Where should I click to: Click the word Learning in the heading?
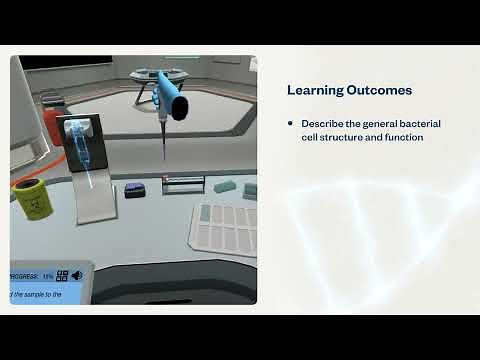pyautogui.click(x=313, y=91)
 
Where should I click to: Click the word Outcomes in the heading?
pyautogui.click(x=377, y=91)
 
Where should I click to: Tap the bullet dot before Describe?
pyautogui.click(x=291, y=123)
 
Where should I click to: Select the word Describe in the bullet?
pyautogui.click(x=322, y=123)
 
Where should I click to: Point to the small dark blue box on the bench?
pyautogui.click(x=134, y=190)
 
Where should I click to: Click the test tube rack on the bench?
pyautogui.click(x=183, y=185)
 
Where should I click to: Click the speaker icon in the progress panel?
pyautogui.click(x=76, y=276)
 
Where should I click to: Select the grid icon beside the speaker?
pyautogui.click(x=62, y=276)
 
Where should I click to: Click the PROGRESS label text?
pyautogui.click(x=23, y=276)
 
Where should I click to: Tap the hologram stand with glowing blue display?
pyautogui.click(x=84, y=165)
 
